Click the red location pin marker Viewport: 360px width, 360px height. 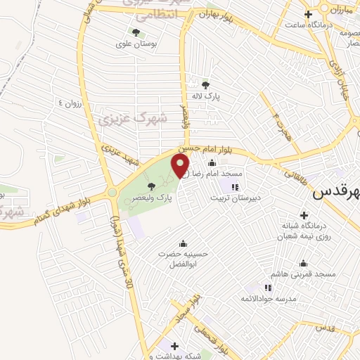(181, 166)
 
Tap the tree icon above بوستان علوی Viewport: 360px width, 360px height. (136, 32)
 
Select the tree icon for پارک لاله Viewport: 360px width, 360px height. (205, 84)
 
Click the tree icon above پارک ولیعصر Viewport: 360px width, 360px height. (152, 186)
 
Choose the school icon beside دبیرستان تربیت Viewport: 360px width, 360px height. (234, 187)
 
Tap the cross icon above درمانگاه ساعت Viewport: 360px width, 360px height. (308, 14)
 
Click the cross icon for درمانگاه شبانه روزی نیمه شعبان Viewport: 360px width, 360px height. (304, 215)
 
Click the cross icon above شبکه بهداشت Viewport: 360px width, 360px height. (174, 345)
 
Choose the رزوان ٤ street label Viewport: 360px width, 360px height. (70, 105)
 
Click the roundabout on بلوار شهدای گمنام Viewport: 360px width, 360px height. (111, 192)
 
